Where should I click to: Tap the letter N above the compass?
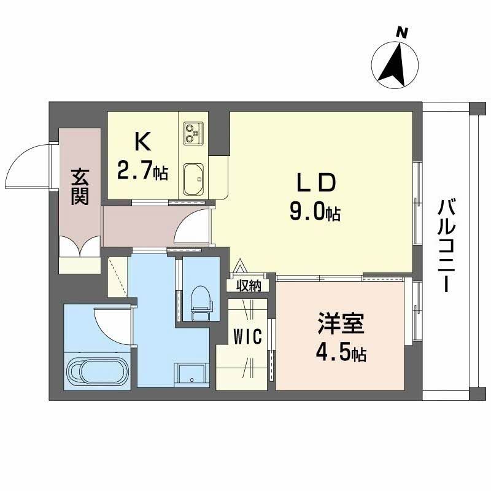coord(402,32)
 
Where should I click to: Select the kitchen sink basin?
coord(193,178)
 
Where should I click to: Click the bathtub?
coord(97,371)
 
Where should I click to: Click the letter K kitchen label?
coord(142,142)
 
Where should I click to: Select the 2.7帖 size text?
coord(142,171)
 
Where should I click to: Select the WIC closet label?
coord(249,336)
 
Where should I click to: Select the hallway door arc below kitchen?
coord(191,227)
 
